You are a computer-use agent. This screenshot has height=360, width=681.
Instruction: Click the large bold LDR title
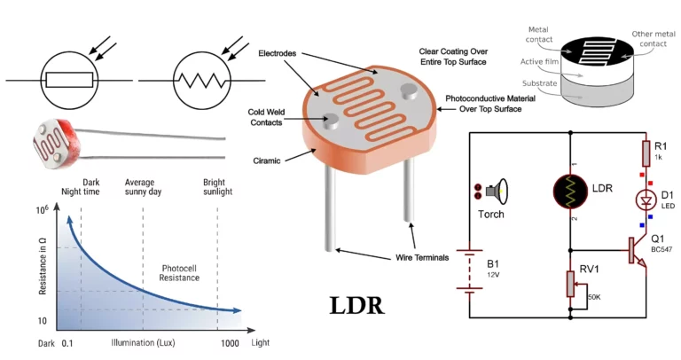tap(356, 306)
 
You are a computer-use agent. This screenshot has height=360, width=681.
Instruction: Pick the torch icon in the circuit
tap(491, 190)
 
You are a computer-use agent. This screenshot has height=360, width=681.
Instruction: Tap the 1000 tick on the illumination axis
tap(217, 342)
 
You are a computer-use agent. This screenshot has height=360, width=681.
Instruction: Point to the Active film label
tap(534, 61)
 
